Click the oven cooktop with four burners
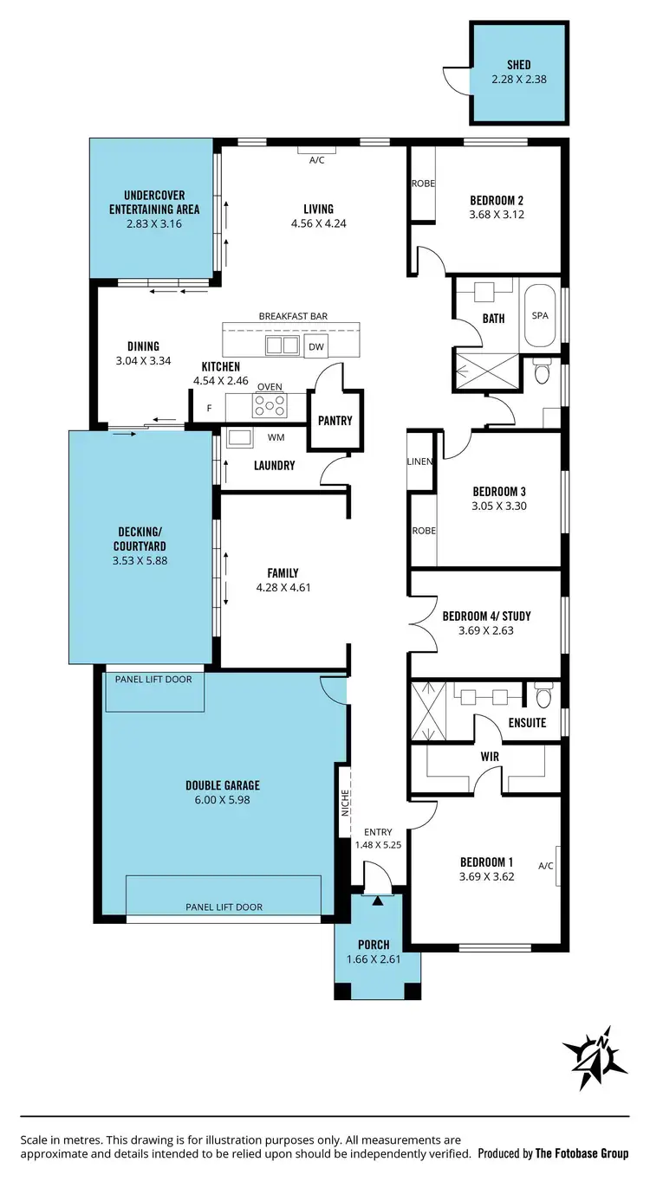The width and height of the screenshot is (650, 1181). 269,404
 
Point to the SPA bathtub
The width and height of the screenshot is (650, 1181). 540,317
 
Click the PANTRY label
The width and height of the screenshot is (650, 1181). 335,421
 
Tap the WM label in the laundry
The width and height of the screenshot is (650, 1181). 276,437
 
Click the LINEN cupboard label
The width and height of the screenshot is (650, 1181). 420,461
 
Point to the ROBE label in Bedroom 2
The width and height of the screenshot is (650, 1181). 423,184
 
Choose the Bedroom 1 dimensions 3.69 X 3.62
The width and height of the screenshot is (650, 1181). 486,877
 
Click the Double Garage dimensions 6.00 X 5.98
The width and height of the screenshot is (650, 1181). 223,800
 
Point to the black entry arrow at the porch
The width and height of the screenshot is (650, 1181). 377,901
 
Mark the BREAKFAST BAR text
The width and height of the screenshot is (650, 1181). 293,317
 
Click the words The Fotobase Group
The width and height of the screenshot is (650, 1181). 582,1153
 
